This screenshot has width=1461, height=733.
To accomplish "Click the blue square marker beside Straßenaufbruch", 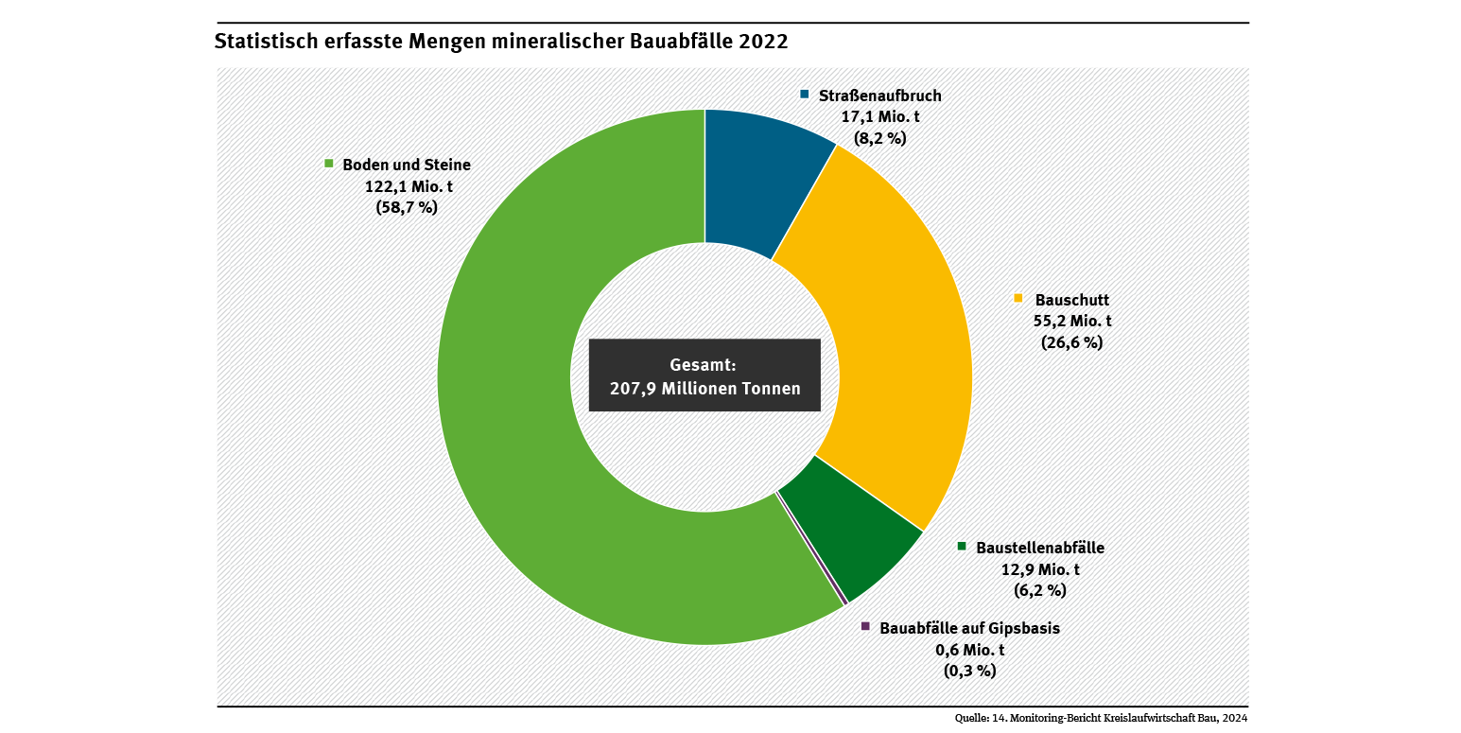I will pos(805,95).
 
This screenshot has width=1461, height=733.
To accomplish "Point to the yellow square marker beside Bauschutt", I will pos(1018,298).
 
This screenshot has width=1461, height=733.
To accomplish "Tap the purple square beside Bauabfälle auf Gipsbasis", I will pos(865,626).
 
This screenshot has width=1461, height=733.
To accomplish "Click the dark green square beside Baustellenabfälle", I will pos(963,546).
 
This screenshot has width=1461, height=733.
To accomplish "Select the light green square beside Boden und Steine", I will pos(329,164).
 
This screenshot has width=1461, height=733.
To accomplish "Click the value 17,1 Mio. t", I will pos(880,116).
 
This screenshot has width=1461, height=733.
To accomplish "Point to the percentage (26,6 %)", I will pos(1071,342).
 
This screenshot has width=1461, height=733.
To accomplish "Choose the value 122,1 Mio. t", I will pos(409,186).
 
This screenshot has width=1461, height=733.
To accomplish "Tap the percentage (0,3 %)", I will pos(970,671).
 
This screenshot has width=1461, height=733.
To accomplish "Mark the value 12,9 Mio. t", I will pos(1040,569).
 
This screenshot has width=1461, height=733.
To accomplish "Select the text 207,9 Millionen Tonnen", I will pos(704,388).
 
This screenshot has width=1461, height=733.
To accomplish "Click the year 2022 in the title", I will pos(764,42).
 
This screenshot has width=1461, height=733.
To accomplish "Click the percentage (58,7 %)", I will pos(407,208).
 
